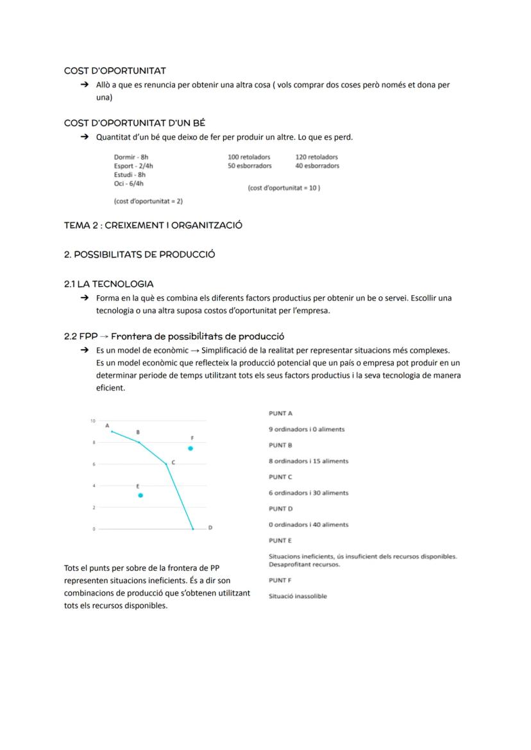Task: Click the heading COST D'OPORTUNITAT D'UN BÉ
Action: point(135,123)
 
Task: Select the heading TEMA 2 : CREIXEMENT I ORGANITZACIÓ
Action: point(153,225)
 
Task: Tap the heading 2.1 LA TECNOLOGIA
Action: point(109,284)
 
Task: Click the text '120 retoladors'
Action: point(317,157)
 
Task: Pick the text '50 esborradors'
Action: point(249,166)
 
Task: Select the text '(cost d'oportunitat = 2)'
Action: point(148,201)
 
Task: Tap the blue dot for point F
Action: point(190,448)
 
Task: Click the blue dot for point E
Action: point(140,495)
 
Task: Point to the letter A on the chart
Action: point(107,425)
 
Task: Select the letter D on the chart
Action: point(210,528)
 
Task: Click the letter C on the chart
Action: point(173,462)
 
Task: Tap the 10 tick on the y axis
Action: point(92,421)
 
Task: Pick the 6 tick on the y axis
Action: point(94,464)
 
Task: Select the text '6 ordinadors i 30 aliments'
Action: point(308,493)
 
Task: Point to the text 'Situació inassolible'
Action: point(298,596)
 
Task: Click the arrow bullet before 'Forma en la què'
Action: point(84,298)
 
